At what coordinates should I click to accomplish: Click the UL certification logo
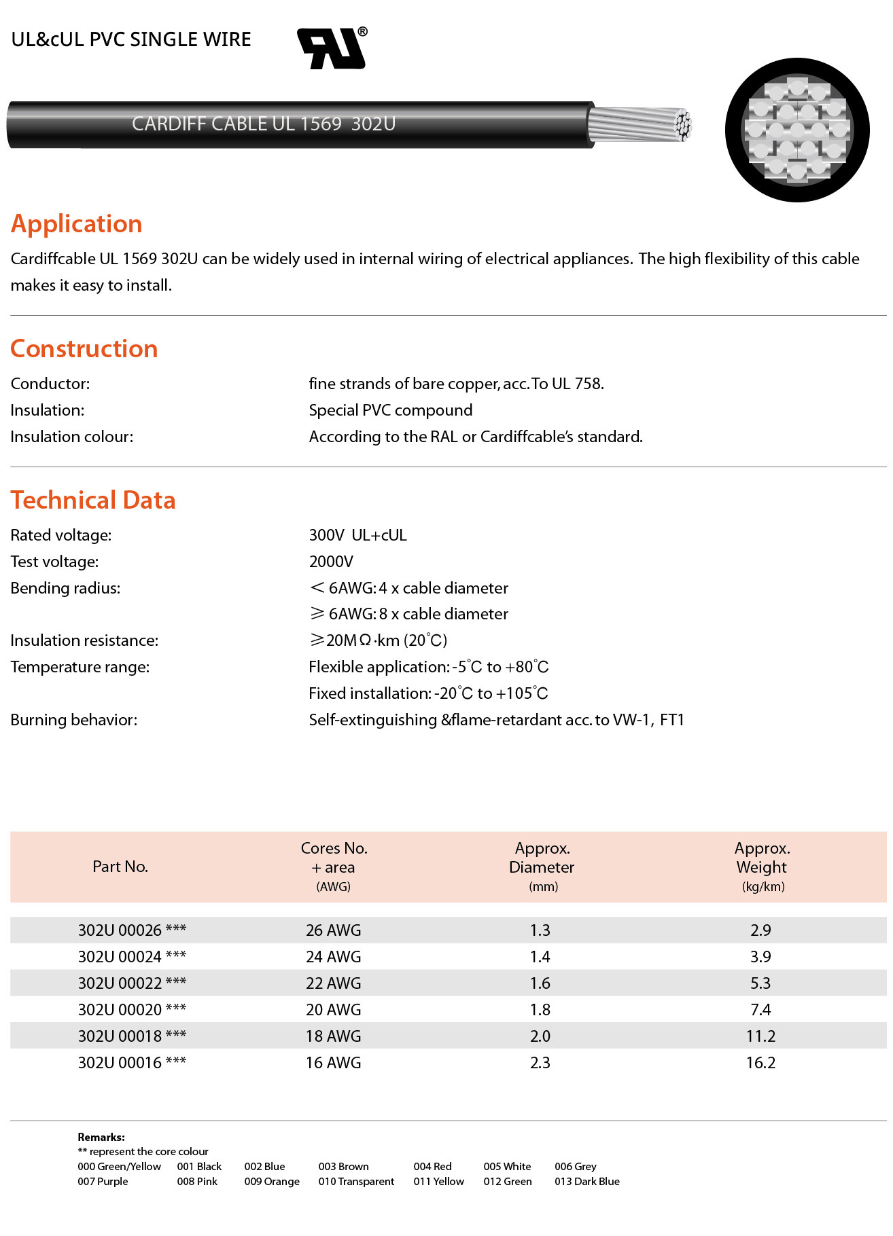tap(332, 49)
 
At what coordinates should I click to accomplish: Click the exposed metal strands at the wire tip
tap(639, 125)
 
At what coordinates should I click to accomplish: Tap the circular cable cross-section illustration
tap(797, 130)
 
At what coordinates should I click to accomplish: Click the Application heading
tap(76, 224)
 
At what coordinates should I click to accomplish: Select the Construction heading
tap(84, 349)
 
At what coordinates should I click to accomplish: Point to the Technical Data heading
tap(93, 501)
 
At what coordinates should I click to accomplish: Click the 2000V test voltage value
tap(331, 562)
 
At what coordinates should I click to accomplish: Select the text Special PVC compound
tap(390, 410)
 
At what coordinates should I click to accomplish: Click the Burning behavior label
tap(73, 720)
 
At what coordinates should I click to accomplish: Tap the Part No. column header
tap(120, 867)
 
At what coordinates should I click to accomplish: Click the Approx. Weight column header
tap(762, 867)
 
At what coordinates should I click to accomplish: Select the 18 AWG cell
tap(333, 1036)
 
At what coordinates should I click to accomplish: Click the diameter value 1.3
tap(540, 930)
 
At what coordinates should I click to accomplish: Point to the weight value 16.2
tap(760, 1063)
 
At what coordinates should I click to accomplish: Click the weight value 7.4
tap(760, 1010)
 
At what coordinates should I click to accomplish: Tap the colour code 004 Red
tap(432, 1167)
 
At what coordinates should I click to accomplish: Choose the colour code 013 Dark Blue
tap(586, 1182)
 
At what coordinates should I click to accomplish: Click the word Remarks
tap(101, 1137)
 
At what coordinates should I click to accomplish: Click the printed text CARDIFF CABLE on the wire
tap(199, 124)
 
